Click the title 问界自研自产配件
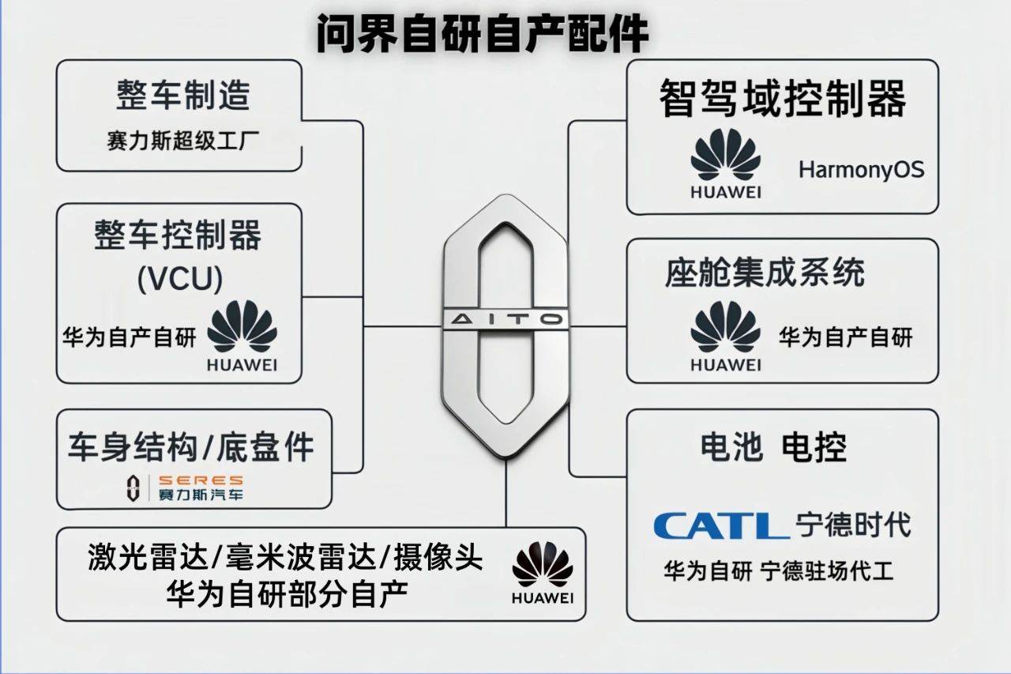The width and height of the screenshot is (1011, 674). click(x=482, y=33)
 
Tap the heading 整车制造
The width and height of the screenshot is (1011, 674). click(x=183, y=95)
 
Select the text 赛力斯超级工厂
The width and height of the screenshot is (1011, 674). click(x=182, y=141)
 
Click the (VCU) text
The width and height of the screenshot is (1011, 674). click(x=179, y=279)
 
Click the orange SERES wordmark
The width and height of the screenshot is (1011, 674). click(x=201, y=480)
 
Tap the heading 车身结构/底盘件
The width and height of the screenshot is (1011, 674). click(x=191, y=446)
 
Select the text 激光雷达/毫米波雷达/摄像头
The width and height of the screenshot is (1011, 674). click(x=285, y=557)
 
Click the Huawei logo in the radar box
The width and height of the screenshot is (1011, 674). click(x=543, y=572)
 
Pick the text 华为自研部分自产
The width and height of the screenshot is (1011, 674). click(x=288, y=594)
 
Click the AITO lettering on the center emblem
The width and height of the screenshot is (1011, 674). click(x=506, y=320)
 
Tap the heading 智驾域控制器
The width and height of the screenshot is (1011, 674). click(x=783, y=98)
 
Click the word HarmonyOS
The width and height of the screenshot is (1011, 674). click(x=861, y=170)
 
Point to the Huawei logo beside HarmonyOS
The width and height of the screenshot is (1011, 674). click(x=726, y=164)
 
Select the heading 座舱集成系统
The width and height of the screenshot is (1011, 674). click(x=765, y=273)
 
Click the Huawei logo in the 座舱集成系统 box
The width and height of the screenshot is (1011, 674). click(x=726, y=337)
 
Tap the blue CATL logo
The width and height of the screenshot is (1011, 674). click(x=721, y=525)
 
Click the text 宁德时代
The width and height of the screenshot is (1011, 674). click(x=854, y=525)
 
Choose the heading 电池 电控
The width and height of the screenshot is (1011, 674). click(x=773, y=447)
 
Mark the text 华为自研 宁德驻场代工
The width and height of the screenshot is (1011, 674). click(x=779, y=571)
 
